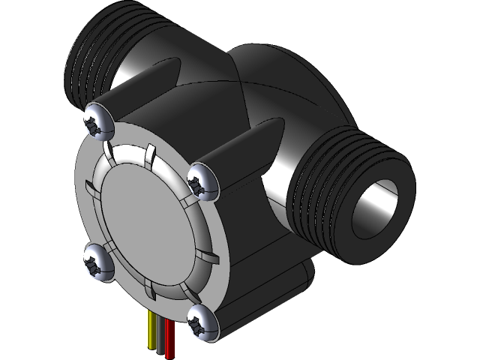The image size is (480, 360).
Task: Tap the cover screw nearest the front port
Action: tap(203, 181)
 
